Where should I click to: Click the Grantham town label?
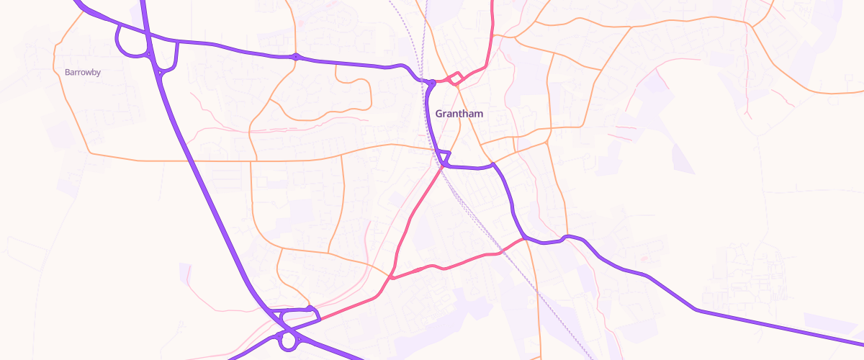click(459, 114)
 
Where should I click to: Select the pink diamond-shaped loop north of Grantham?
click(455, 78)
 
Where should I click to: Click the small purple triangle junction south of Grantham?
click(445, 158)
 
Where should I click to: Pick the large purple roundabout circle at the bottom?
click(289, 341)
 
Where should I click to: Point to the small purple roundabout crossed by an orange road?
click(295, 56)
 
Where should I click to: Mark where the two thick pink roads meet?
click(391, 277)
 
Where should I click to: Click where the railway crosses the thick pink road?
click(498, 253)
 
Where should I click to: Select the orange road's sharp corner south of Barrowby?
click(89, 153)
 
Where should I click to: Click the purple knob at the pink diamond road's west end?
click(430, 82)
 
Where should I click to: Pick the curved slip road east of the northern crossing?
click(174, 61)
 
